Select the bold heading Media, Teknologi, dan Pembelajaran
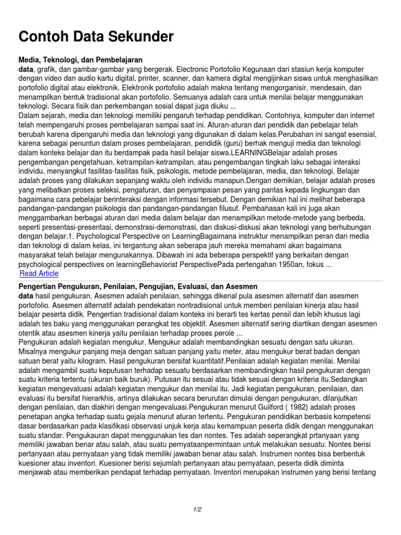point(81,60)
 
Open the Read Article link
point(39,273)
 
